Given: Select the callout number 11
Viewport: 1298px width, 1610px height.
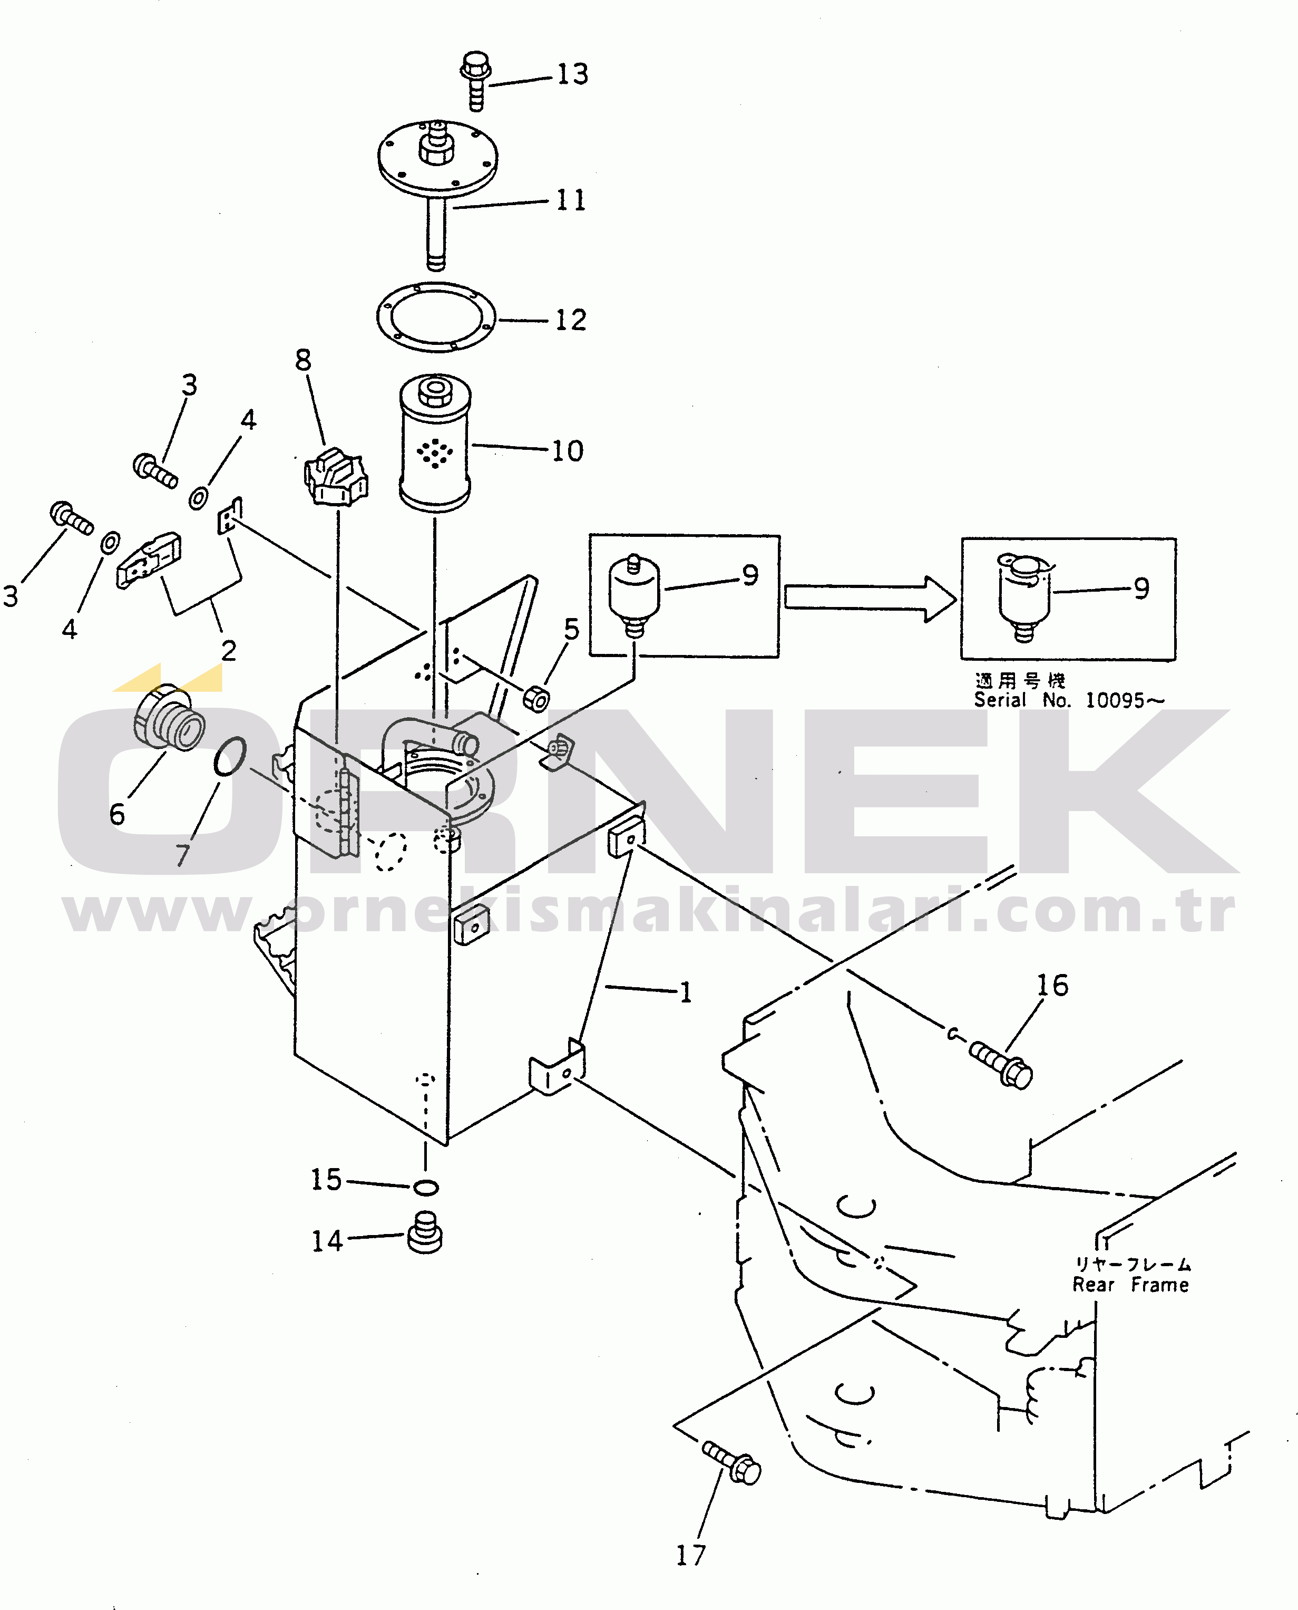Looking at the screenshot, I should (571, 200).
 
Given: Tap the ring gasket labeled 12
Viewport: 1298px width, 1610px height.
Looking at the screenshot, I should (435, 316).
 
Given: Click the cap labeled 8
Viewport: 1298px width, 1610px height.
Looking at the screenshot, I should (336, 477).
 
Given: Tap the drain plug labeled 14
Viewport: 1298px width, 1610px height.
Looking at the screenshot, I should (425, 1233).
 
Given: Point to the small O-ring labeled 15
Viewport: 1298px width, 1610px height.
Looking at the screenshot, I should (425, 1187).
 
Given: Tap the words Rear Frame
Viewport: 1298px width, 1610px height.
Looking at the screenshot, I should (1130, 1285).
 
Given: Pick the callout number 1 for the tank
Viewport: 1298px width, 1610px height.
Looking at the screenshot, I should (685, 992).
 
